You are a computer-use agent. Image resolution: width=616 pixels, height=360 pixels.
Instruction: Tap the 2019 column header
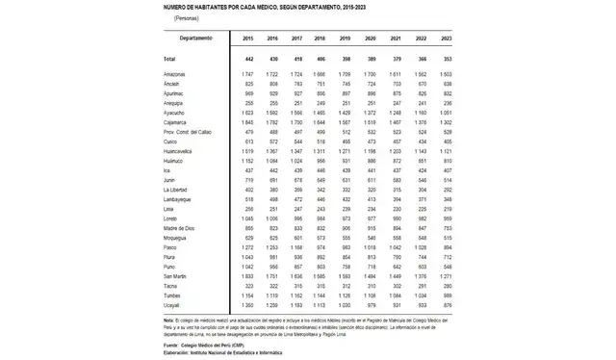[346, 39]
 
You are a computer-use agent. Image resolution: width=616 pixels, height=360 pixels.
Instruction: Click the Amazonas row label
[180, 75]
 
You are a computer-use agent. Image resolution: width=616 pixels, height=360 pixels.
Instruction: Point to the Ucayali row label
[176, 305]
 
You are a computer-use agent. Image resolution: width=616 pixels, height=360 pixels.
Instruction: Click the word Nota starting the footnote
[168, 319]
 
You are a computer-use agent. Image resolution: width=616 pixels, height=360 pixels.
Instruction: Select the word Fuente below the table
[172, 344]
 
